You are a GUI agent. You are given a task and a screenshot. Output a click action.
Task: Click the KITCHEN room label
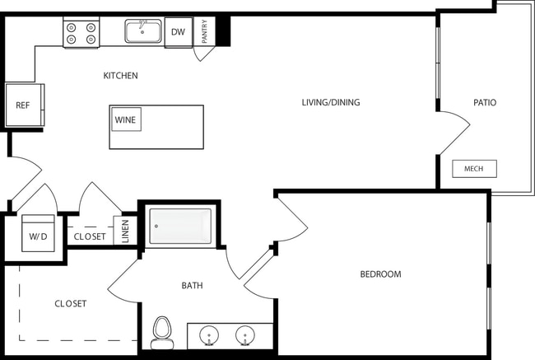click(x=120, y=76)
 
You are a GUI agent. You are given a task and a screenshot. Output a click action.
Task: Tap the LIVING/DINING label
click(x=331, y=103)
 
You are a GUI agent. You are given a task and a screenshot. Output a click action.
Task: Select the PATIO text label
click(x=485, y=103)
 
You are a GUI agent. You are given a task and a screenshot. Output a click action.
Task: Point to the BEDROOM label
click(x=380, y=274)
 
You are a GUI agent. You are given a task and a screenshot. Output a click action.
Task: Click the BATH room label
click(x=192, y=286)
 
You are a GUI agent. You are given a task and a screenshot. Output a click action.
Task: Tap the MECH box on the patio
click(x=474, y=169)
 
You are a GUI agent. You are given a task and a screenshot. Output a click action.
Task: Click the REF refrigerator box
click(x=23, y=105)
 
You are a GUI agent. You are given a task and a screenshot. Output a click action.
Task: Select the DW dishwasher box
click(x=178, y=32)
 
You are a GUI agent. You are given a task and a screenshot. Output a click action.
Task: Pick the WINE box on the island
click(x=126, y=120)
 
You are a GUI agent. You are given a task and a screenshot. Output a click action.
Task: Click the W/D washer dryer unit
click(x=39, y=236)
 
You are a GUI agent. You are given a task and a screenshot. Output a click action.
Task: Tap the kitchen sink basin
click(x=142, y=31)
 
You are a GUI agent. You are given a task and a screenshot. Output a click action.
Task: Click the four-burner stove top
click(x=81, y=32)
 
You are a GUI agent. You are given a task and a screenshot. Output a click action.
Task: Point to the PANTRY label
click(x=205, y=31)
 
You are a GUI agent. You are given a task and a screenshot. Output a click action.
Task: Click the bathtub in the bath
click(x=180, y=226)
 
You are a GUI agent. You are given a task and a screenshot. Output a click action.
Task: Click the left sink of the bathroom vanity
click(x=210, y=336)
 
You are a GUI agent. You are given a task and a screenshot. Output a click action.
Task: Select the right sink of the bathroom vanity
click(x=244, y=336)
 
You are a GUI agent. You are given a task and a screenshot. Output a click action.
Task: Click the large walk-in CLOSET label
click(x=71, y=304)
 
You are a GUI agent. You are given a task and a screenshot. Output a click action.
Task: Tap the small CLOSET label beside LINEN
click(x=90, y=236)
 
